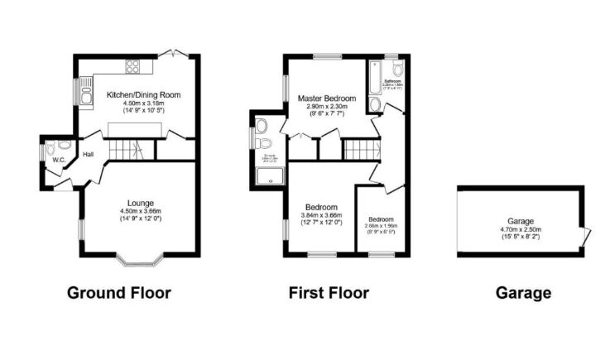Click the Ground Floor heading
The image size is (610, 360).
118,292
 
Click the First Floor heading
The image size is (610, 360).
329,292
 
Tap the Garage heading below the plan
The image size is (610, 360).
522,292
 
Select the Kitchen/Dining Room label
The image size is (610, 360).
143,96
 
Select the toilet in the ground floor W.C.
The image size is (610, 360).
55,147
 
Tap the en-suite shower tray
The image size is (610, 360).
269,176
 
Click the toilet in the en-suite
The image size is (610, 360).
262,127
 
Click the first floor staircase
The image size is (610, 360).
361,150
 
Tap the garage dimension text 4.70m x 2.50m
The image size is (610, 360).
520,229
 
